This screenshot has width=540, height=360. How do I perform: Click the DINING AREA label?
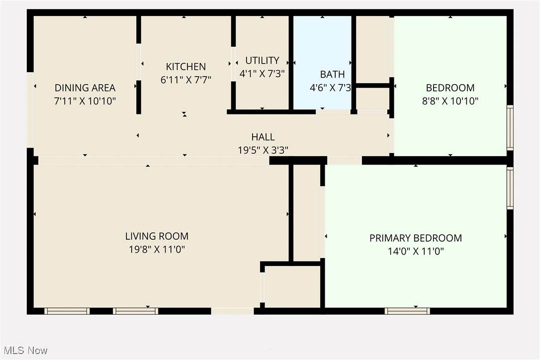[x=85, y=88]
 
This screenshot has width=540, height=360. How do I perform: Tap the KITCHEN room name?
[x=186, y=67]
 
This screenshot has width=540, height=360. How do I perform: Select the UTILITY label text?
[x=262, y=60]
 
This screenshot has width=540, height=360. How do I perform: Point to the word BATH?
[x=332, y=75]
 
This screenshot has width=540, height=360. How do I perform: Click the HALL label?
[x=263, y=137]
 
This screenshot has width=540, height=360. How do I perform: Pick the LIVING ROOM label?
[x=157, y=236]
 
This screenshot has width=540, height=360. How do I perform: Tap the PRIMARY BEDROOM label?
[x=416, y=238]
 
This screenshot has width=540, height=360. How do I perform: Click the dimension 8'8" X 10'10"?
[x=450, y=101]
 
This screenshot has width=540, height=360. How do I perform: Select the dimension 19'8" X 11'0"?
[x=157, y=250]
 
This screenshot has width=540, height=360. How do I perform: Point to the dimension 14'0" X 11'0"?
[x=416, y=251]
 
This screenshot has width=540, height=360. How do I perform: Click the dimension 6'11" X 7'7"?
[x=186, y=80]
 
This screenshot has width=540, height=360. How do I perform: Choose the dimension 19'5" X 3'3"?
[x=263, y=150]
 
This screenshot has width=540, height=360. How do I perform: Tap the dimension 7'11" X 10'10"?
[x=85, y=101]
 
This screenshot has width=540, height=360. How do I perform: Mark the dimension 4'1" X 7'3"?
[x=262, y=74]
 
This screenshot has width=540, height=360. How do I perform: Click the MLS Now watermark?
[x=25, y=351]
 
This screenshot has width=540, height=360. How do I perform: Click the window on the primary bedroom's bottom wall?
[x=407, y=311]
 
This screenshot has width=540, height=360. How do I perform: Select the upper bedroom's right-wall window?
[x=510, y=128]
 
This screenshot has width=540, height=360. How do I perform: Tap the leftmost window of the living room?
[x=67, y=311]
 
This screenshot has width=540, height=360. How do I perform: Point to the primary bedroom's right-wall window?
[x=510, y=188]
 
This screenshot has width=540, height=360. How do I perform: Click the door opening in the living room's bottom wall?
[x=233, y=311]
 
